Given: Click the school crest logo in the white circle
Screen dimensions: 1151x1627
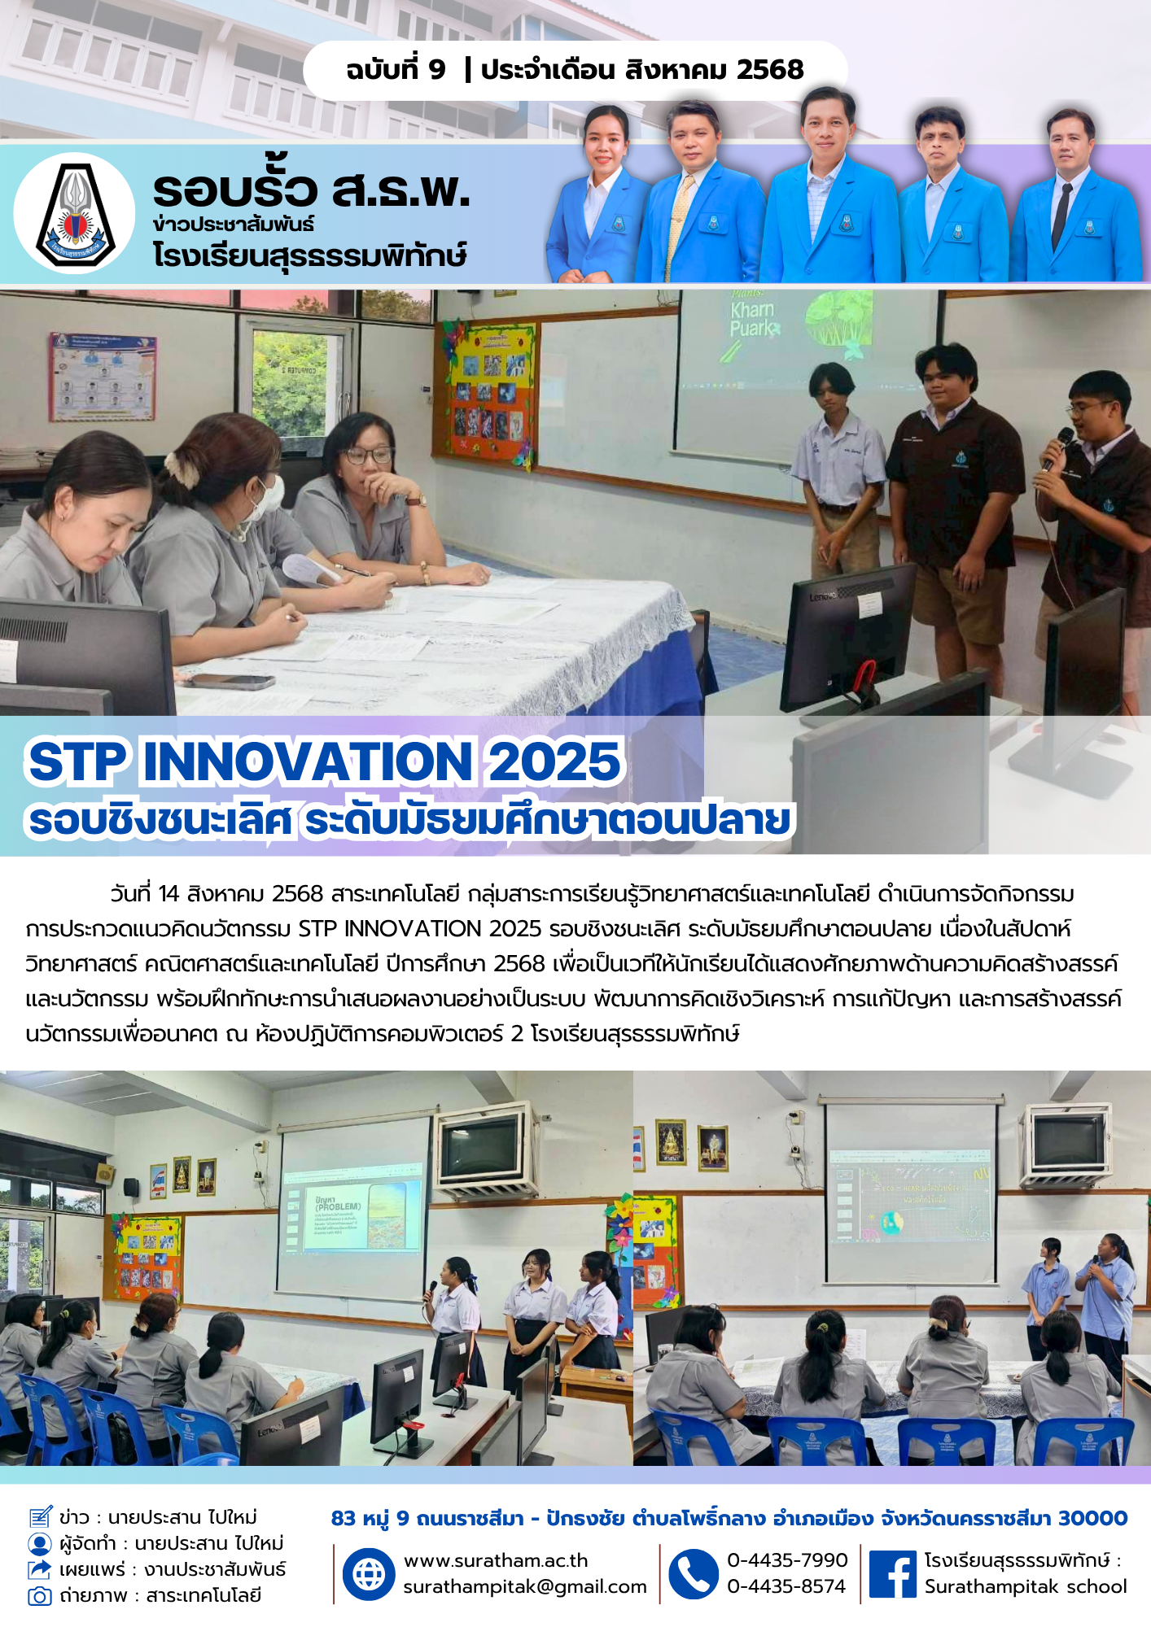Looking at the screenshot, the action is (73, 213).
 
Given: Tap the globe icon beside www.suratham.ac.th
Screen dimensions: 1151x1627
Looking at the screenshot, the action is (369, 1573).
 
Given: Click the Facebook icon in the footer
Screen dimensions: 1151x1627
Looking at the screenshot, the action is (892, 1573).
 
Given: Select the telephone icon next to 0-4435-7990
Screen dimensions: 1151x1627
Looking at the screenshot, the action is (694, 1573).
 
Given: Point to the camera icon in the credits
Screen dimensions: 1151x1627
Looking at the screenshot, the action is (39, 1595).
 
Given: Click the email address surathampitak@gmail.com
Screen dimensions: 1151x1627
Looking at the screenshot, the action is (525, 1586).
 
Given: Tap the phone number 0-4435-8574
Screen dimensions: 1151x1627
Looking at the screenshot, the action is (786, 1586).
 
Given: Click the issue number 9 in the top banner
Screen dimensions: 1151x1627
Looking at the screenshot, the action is (437, 69).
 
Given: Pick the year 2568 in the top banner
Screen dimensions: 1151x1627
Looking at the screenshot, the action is (770, 69).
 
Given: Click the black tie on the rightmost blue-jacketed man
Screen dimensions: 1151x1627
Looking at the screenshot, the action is (1061, 215).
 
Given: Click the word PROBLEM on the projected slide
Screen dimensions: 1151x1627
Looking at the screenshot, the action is (338, 1206).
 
